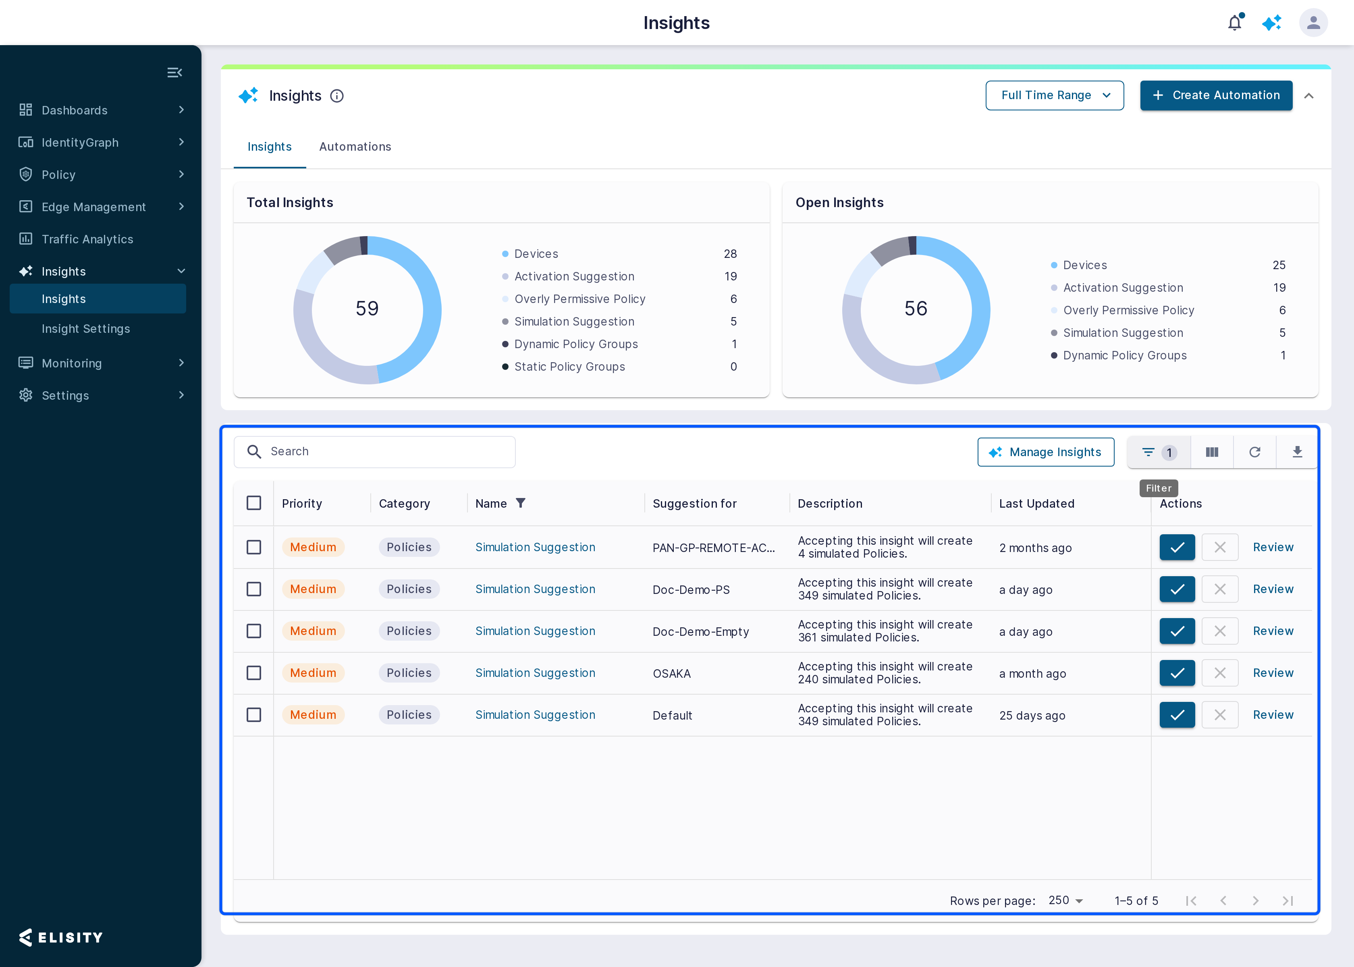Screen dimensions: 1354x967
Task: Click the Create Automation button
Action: (x=1216, y=95)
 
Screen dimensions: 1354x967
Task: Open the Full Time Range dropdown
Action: (x=1055, y=95)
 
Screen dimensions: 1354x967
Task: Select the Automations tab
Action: (x=355, y=147)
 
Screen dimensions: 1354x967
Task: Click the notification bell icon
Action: (x=1235, y=23)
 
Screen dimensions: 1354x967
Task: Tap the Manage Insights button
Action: (x=1046, y=452)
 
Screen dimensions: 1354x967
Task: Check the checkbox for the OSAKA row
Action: (x=253, y=673)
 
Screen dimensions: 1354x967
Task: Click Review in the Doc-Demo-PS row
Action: (x=1273, y=589)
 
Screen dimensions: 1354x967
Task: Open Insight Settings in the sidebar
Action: (x=86, y=329)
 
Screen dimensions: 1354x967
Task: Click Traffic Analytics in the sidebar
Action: (x=87, y=239)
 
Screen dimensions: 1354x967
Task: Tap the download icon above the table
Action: (x=1297, y=452)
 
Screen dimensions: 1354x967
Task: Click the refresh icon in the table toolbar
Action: (x=1254, y=452)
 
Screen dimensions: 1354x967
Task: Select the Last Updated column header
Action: (x=1036, y=504)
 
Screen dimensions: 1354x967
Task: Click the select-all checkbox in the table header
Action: (x=253, y=503)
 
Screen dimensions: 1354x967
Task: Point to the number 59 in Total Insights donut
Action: (x=367, y=309)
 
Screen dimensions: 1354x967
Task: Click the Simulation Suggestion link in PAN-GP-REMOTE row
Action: (x=535, y=547)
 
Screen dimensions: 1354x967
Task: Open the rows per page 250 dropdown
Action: (x=1065, y=900)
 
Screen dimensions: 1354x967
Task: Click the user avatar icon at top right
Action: (x=1314, y=23)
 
